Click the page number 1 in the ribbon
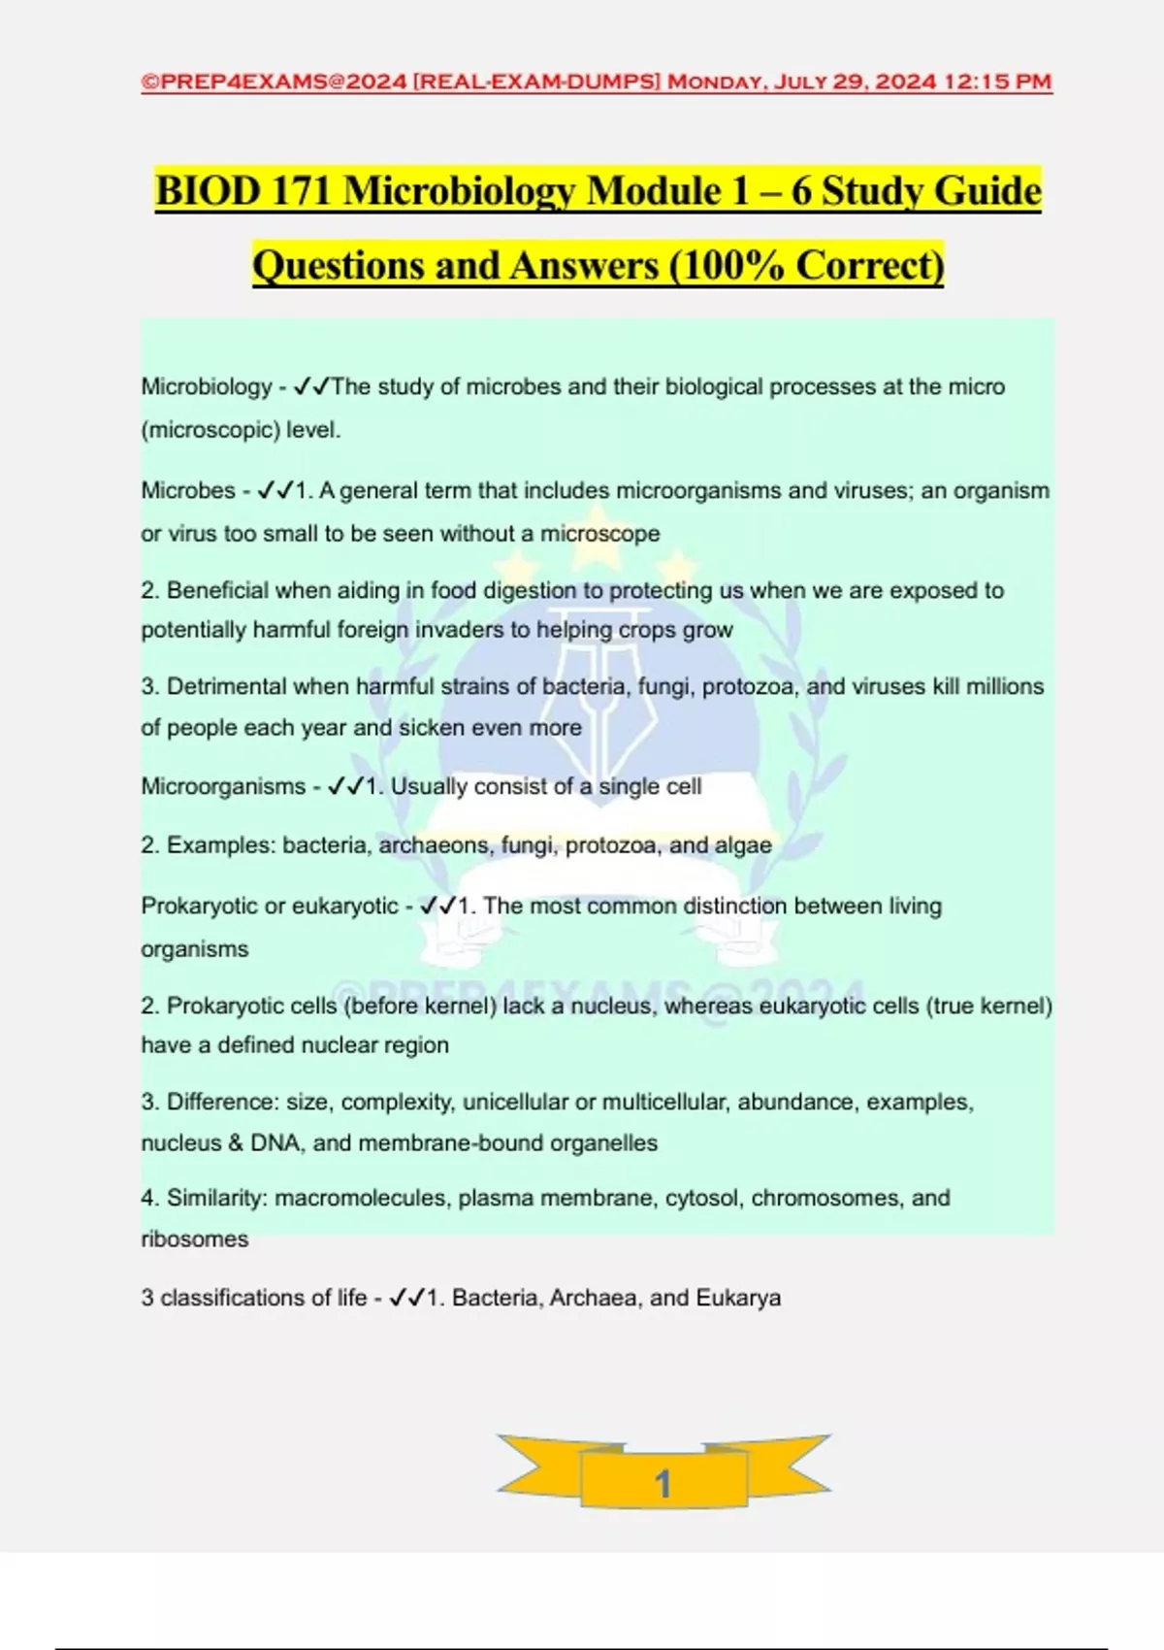point(663,1483)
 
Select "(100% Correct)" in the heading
point(806,265)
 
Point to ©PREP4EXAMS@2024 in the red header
point(274,82)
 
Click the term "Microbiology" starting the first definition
point(207,386)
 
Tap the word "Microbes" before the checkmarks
point(188,490)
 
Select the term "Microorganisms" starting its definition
point(223,786)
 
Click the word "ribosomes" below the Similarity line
point(195,1239)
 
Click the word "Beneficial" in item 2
point(217,590)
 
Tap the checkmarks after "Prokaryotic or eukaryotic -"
point(437,906)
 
